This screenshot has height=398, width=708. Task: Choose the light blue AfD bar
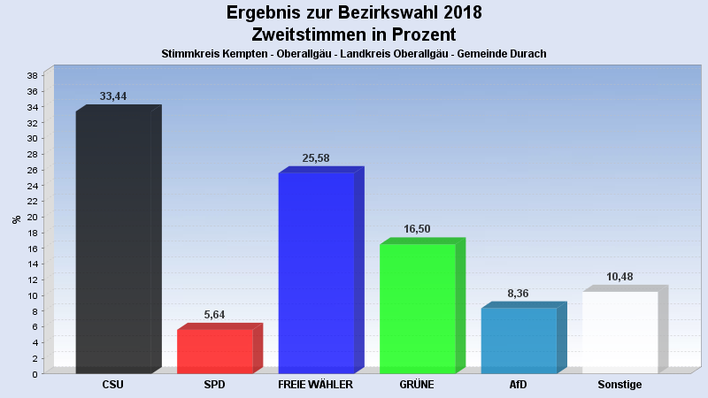pos(519,341)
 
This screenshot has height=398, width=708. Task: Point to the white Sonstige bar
pos(619,332)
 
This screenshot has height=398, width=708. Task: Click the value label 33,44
pos(113,96)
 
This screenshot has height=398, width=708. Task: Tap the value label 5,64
pos(215,314)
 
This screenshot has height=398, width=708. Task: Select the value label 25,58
pos(316,157)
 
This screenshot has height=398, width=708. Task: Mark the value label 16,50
pos(417,228)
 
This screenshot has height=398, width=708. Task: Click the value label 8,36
pos(519,293)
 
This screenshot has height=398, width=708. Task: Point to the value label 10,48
pos(619,276)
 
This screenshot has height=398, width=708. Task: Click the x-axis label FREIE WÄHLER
pos(316,386)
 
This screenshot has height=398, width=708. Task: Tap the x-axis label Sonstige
pos(619,386)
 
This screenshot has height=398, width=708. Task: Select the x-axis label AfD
pos(519,386)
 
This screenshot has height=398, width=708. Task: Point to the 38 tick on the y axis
pos(32,76)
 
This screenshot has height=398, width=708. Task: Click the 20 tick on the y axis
pos(32,217)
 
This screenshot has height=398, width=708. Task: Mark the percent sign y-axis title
pos(16,219)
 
